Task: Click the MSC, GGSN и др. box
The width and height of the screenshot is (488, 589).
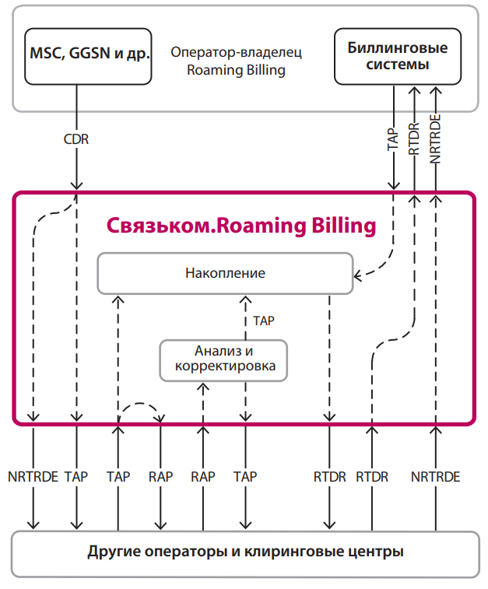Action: [88, 56]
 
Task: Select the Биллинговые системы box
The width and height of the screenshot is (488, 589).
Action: [398, 56]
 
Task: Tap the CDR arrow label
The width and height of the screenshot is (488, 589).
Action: [76, 139]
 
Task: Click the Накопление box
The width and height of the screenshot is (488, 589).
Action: [225, 273]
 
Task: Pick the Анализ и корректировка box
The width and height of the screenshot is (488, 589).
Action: [223, 360]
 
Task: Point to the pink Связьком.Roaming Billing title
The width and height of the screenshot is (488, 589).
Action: [241, 226]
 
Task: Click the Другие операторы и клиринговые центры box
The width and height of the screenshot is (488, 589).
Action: [245, 554]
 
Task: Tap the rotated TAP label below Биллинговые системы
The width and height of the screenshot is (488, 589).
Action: [393, 139]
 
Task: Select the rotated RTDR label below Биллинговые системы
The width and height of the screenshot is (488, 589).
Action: [414, 139]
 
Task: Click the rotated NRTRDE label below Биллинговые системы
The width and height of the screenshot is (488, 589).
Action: [435, 138]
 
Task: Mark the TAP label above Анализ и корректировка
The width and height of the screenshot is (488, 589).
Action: [264, 321]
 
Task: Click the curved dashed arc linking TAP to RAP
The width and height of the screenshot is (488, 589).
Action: [140, 405]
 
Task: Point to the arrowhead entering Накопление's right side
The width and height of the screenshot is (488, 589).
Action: [358, 276]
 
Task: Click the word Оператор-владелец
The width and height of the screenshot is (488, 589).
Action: [237, 52]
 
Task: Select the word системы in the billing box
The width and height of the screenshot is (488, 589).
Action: [398, 65]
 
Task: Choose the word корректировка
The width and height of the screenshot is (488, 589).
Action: [225, 366]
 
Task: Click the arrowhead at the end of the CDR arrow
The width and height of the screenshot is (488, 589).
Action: [76, 185]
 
